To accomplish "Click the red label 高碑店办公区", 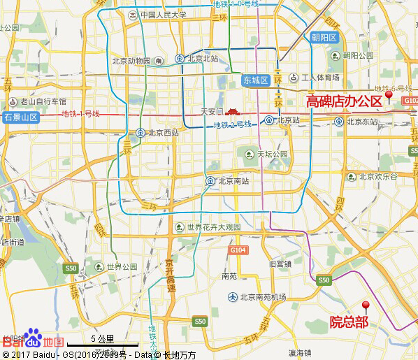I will [344, 101].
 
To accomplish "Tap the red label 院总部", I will [349, 322].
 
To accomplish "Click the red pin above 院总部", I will [365, 306].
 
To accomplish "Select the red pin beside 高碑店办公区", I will [389, 94].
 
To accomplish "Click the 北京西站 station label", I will [159, 132].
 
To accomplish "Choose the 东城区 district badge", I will [256, 80].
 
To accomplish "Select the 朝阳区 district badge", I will [324, 38].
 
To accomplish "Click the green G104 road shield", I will [238, 250].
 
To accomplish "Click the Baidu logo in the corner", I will [31, 340].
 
